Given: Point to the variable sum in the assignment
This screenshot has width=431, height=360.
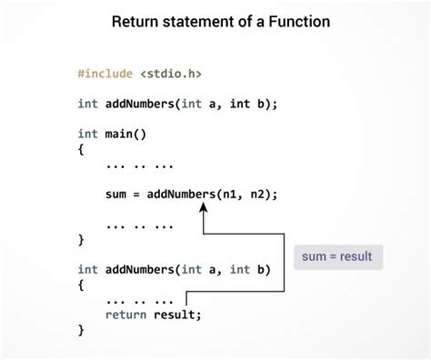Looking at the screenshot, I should pos(116,194).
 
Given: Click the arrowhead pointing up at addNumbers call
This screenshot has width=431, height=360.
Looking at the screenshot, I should pos(204,208).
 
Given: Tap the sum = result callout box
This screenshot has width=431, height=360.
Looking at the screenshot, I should pos(336,256).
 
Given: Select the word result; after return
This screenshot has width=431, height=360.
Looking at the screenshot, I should pos(176,315).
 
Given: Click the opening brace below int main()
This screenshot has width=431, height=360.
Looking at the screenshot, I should pos(81,148).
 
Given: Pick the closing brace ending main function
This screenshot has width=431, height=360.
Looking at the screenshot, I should pos(81,239).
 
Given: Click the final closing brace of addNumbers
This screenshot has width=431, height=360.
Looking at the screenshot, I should pos(81,330).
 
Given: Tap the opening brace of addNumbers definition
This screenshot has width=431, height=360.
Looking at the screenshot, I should pos(81,285).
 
